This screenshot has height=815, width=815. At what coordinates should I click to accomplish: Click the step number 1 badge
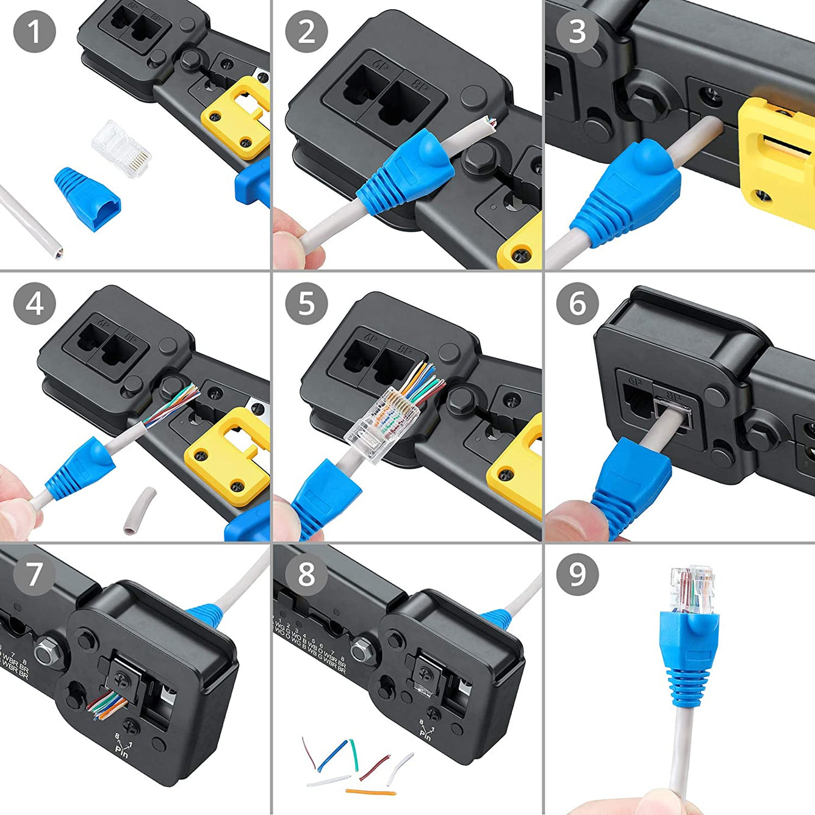coord(34,31)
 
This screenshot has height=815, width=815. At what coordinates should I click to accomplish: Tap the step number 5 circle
coord(306,303)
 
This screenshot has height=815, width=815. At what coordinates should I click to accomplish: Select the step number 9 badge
coord(577,574)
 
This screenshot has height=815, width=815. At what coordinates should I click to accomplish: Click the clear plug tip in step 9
coord(692,589)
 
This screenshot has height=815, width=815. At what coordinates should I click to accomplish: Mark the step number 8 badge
coord(306,574)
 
